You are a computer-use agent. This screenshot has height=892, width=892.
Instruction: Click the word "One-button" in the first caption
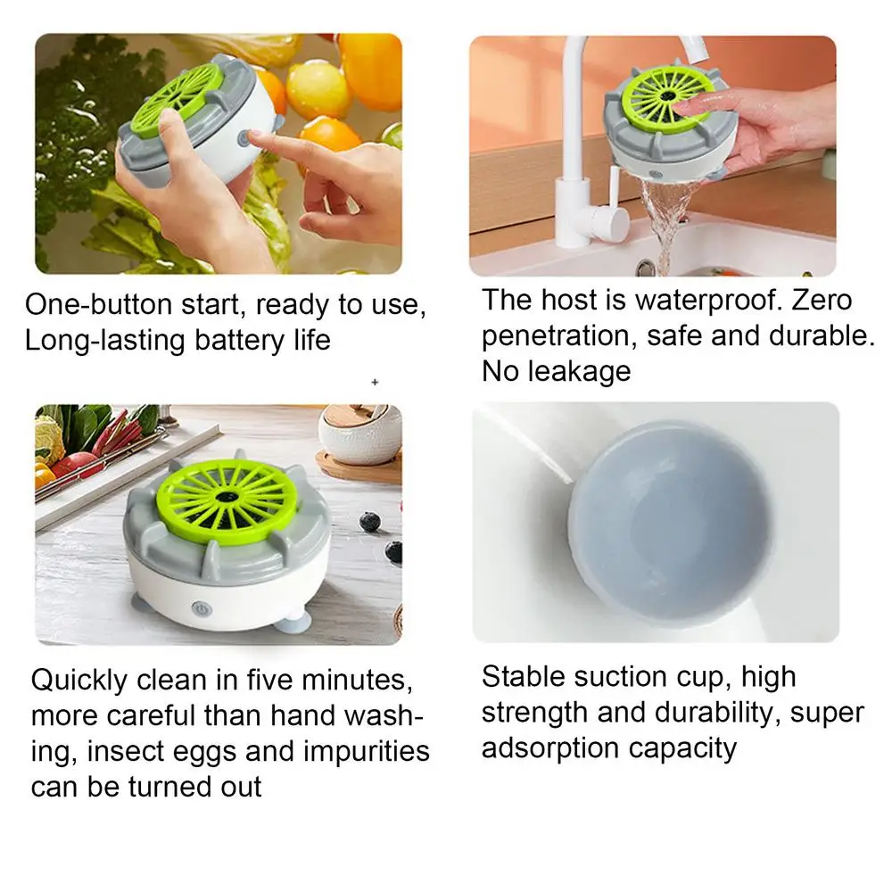pyautogui.click(x=98, y=304)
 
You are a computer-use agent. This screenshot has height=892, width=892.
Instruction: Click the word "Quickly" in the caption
pyautogui.click(x=79, y=681)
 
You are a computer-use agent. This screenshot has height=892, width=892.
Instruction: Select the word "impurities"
pyautogui.click(x=367, y=751)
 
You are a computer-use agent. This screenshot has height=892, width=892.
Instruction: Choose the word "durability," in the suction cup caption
pyautogui.click(x=718, y=713)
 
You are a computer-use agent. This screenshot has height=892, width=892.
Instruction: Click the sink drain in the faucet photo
pyautogui.click(x=645, y=266)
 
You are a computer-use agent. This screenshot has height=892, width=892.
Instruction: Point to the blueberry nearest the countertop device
pyautogui.click(x=369, y=521)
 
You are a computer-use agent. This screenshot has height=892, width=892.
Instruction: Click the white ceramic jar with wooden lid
pyautogui.click(x=360, y=435)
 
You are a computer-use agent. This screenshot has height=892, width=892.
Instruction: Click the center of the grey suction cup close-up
pyautogui.click(x=672, y=521)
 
